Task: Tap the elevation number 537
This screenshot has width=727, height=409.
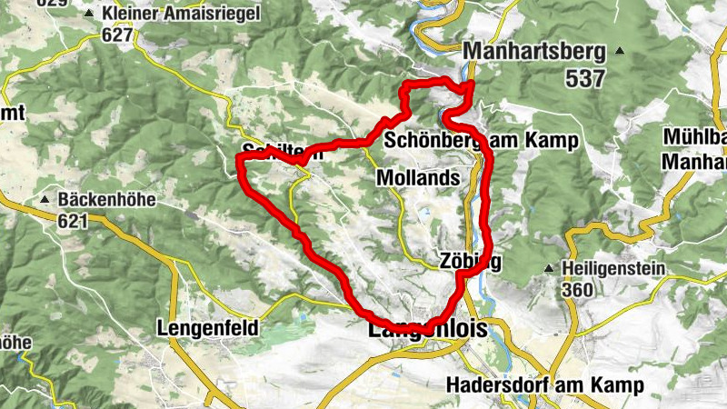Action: [585, 78]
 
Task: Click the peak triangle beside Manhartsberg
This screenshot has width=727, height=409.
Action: [621, 51]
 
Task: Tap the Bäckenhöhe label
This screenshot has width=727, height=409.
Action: [107, 199]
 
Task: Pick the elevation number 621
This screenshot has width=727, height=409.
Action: [75, 221]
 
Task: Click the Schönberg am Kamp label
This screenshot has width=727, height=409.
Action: [481, 141]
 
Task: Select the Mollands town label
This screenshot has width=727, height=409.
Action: [418, 177]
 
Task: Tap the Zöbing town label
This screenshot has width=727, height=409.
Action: [470, 260]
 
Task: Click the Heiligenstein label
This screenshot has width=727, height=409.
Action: [614, 269]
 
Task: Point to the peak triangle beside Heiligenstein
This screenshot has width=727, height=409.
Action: [550, 269]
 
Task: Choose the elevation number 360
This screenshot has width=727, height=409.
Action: [578, 290]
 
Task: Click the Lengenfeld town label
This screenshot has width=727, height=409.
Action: [208, 326]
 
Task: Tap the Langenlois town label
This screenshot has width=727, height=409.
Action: [426, 330]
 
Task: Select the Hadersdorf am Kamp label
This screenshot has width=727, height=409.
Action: [545, 384]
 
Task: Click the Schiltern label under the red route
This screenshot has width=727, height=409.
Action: [283, 153]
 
